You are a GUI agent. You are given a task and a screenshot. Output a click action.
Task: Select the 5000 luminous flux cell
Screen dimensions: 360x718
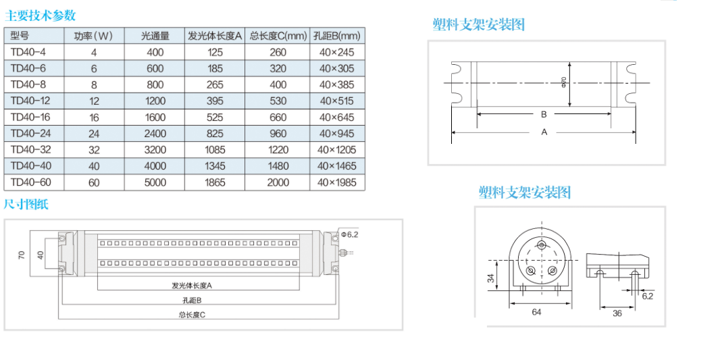155,182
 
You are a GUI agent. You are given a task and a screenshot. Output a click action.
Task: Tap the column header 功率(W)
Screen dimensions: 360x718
94,36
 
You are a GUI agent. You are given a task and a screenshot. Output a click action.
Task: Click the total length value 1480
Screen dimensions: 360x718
278,166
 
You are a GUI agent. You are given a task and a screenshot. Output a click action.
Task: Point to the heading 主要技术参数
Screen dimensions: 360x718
41,16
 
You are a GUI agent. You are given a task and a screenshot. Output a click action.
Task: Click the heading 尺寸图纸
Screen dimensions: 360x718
26,205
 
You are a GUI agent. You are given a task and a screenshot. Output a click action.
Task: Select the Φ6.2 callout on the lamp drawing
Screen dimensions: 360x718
349,234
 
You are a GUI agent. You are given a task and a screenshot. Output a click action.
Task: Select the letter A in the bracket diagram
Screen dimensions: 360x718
544,132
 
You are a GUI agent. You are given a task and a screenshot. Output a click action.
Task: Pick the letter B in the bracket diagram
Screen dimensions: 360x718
544,115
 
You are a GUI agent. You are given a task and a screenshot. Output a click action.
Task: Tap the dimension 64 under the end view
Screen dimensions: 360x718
537,312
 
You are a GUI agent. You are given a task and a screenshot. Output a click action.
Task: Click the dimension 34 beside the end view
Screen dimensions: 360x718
491,277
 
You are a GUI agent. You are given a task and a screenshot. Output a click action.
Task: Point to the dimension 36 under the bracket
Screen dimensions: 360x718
617,313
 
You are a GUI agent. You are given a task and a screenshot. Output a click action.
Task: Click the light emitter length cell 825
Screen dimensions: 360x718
215,134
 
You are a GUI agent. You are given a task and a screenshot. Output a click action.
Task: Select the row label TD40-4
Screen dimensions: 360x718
26,52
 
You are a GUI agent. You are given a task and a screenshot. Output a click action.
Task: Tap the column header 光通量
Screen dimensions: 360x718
155,36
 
